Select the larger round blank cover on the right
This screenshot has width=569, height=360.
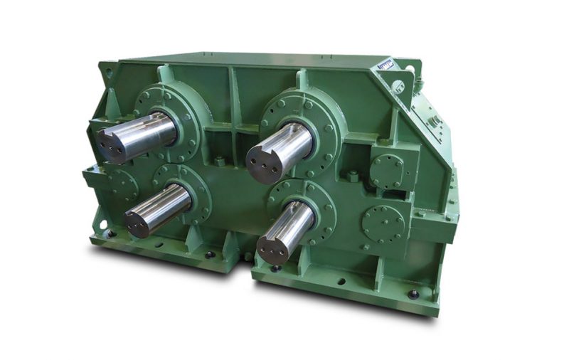(x=383, y=223)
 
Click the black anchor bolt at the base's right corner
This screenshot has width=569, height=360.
(x=413, y=294)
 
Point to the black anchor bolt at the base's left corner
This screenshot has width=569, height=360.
(x=111, y=233)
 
